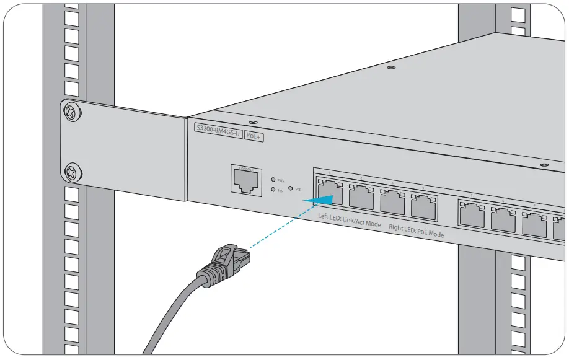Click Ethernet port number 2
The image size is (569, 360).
(361, 199)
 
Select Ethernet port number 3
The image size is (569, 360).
(392, 202)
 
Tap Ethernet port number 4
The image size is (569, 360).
(423, 206)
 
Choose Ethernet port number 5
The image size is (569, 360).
(472, 214)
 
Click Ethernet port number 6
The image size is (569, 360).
(503, 219)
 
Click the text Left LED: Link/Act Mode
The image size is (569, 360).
(349, 219)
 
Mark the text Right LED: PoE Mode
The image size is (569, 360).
(416, 231)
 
